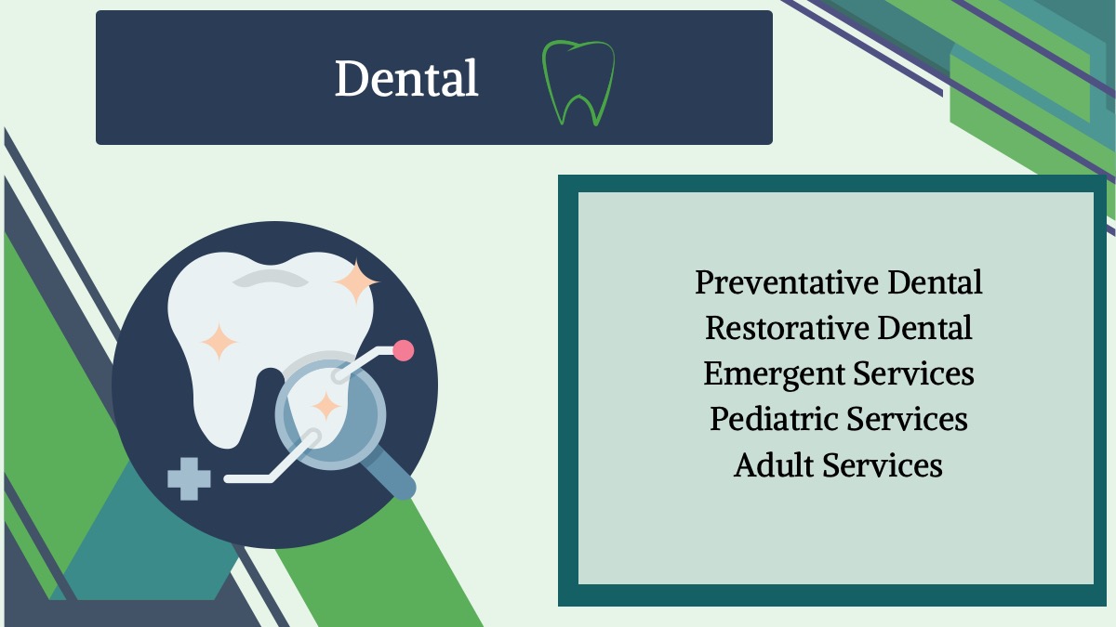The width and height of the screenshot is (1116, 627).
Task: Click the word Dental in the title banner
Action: click(x=406, y=78)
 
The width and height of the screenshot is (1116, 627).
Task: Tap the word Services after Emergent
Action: click(x=913, y=373)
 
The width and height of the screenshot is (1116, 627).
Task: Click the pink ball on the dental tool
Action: click(x=403, y=350)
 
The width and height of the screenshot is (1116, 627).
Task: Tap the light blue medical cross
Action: click(x=189, y=478)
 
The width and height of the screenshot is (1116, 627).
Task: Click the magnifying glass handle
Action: click(x=389, y=472)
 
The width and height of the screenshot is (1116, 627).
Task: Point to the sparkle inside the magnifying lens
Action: click(x=326, y=406)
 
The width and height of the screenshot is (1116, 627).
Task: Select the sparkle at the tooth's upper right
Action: click(x=357, y=281)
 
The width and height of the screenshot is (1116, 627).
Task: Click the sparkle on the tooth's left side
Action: click(x=219, y=342)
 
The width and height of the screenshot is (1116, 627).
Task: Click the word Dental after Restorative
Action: click(x=924, y=328)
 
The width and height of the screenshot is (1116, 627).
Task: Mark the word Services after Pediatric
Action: click(x=907, y=419)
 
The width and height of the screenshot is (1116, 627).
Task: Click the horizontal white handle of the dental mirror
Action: click(x=248, y=478)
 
